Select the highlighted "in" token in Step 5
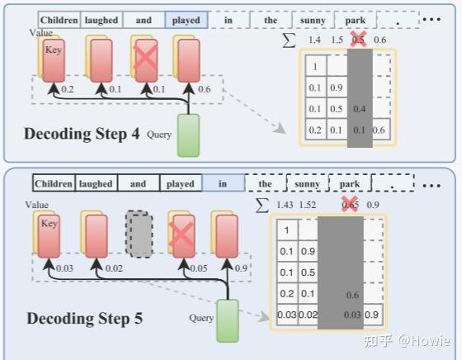click(222, 183)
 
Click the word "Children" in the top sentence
click(60, 20)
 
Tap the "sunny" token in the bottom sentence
click(309, 183)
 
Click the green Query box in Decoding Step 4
click(189, 135)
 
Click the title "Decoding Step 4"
click(82, 134)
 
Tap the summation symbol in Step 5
click(263, 203)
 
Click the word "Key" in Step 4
click(53, 50)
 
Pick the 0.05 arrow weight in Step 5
click(198, 268)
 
